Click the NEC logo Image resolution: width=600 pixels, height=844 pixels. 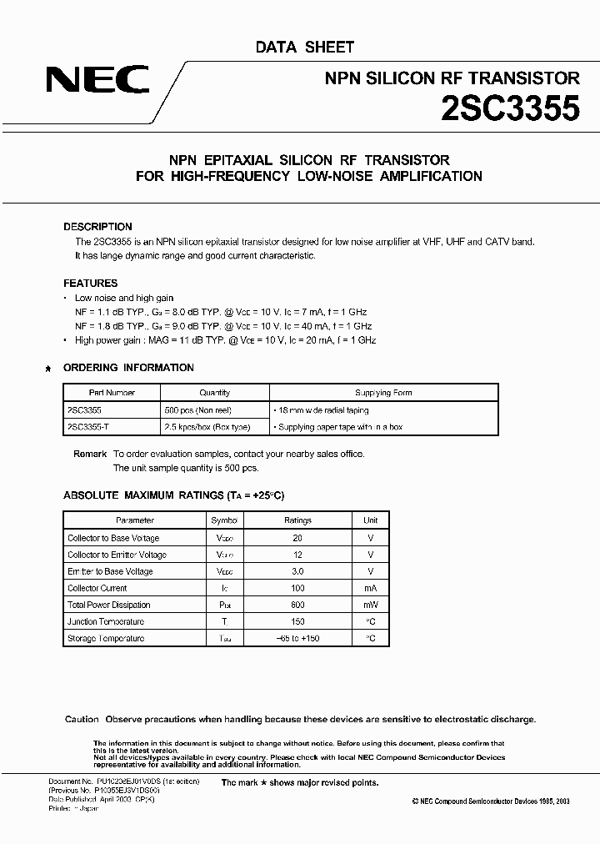97,80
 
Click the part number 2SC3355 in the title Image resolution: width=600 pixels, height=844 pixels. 510,109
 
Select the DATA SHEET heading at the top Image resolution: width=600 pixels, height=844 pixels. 304,48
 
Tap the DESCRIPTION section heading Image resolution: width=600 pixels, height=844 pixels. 97,227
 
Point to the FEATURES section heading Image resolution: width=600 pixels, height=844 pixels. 91,284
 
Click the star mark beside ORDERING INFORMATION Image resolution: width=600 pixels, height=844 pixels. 49,369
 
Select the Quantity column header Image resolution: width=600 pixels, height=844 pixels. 214,393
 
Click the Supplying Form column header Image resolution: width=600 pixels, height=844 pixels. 383,393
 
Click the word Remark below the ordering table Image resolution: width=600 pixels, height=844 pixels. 90,454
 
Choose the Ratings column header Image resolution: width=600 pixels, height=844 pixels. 297,520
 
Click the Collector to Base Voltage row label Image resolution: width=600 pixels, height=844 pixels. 113,538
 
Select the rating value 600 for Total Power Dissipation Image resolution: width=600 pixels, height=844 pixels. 297,605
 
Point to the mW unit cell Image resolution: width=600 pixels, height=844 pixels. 371,605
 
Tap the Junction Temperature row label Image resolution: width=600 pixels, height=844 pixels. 106,621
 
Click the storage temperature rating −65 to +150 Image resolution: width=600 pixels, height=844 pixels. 297,638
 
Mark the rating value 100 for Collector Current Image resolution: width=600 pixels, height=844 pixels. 297,588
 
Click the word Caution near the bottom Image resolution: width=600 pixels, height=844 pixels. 82,720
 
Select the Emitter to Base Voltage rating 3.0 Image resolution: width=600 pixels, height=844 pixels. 297,571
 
